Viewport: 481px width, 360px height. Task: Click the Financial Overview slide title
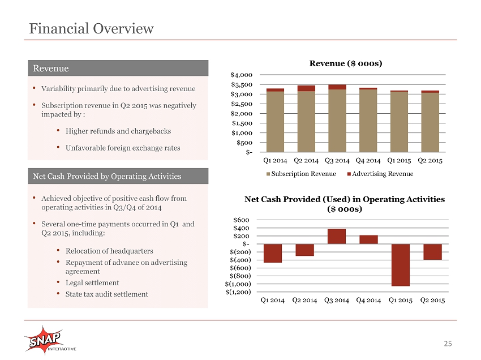coord(91,28)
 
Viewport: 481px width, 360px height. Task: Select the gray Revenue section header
coord(118,68)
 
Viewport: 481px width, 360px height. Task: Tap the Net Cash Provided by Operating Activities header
coord(118,176)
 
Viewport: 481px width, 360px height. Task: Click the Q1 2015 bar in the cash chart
coord(400,265)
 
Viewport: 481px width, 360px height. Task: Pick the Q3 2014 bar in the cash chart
coord(337,236)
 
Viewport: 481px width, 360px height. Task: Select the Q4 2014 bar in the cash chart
coord(368,239)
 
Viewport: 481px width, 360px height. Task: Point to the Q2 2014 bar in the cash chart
coord(304,250)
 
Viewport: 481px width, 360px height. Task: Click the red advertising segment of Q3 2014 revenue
coord(337,87)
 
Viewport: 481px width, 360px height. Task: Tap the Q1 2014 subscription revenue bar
coord(275,122)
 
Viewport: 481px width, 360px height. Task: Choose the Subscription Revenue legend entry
coord(301,174)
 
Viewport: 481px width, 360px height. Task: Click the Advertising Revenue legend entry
coord(380,174)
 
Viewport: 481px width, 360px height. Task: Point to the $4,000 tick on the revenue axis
coord(242,75)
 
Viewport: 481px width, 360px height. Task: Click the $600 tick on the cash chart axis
coord(241,220)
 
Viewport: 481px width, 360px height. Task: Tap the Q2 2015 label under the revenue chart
coord(430,161)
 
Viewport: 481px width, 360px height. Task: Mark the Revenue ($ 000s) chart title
coord(346,63)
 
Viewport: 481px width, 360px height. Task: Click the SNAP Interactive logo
coord(50,341)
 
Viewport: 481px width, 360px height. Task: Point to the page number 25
coord(448,344)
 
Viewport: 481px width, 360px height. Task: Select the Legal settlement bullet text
coord(92,282)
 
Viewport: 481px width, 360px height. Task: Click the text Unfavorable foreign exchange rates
coord(123,148)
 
